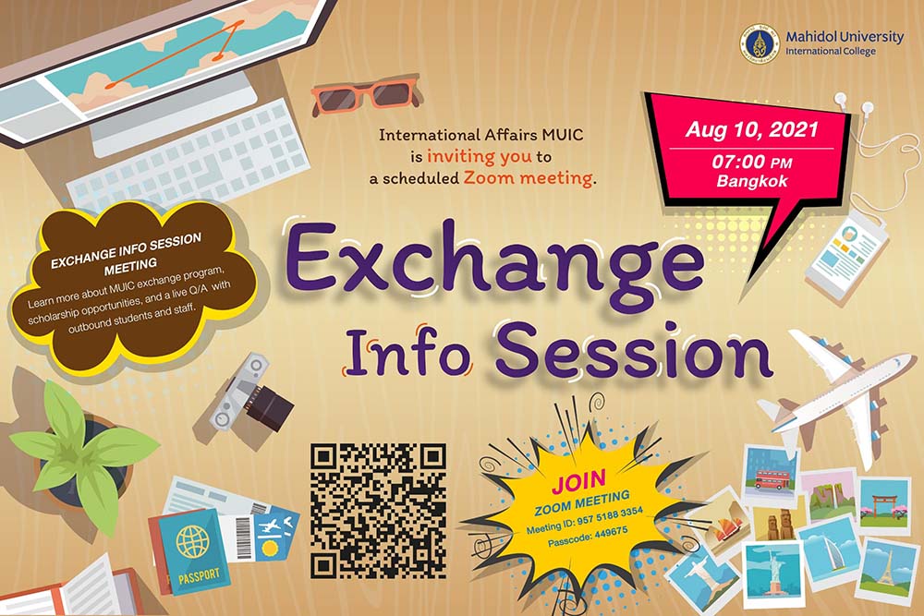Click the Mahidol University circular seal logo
coord(760,42)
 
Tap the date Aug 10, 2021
coord(751,129)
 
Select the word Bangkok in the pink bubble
coord(752,181)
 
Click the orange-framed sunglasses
coord(365,94)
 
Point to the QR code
coord(378,511)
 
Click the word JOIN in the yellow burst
coord(578,480)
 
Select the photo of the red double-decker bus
coord(771,475)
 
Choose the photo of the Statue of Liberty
coord(772,573)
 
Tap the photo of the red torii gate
coord(884,503)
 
